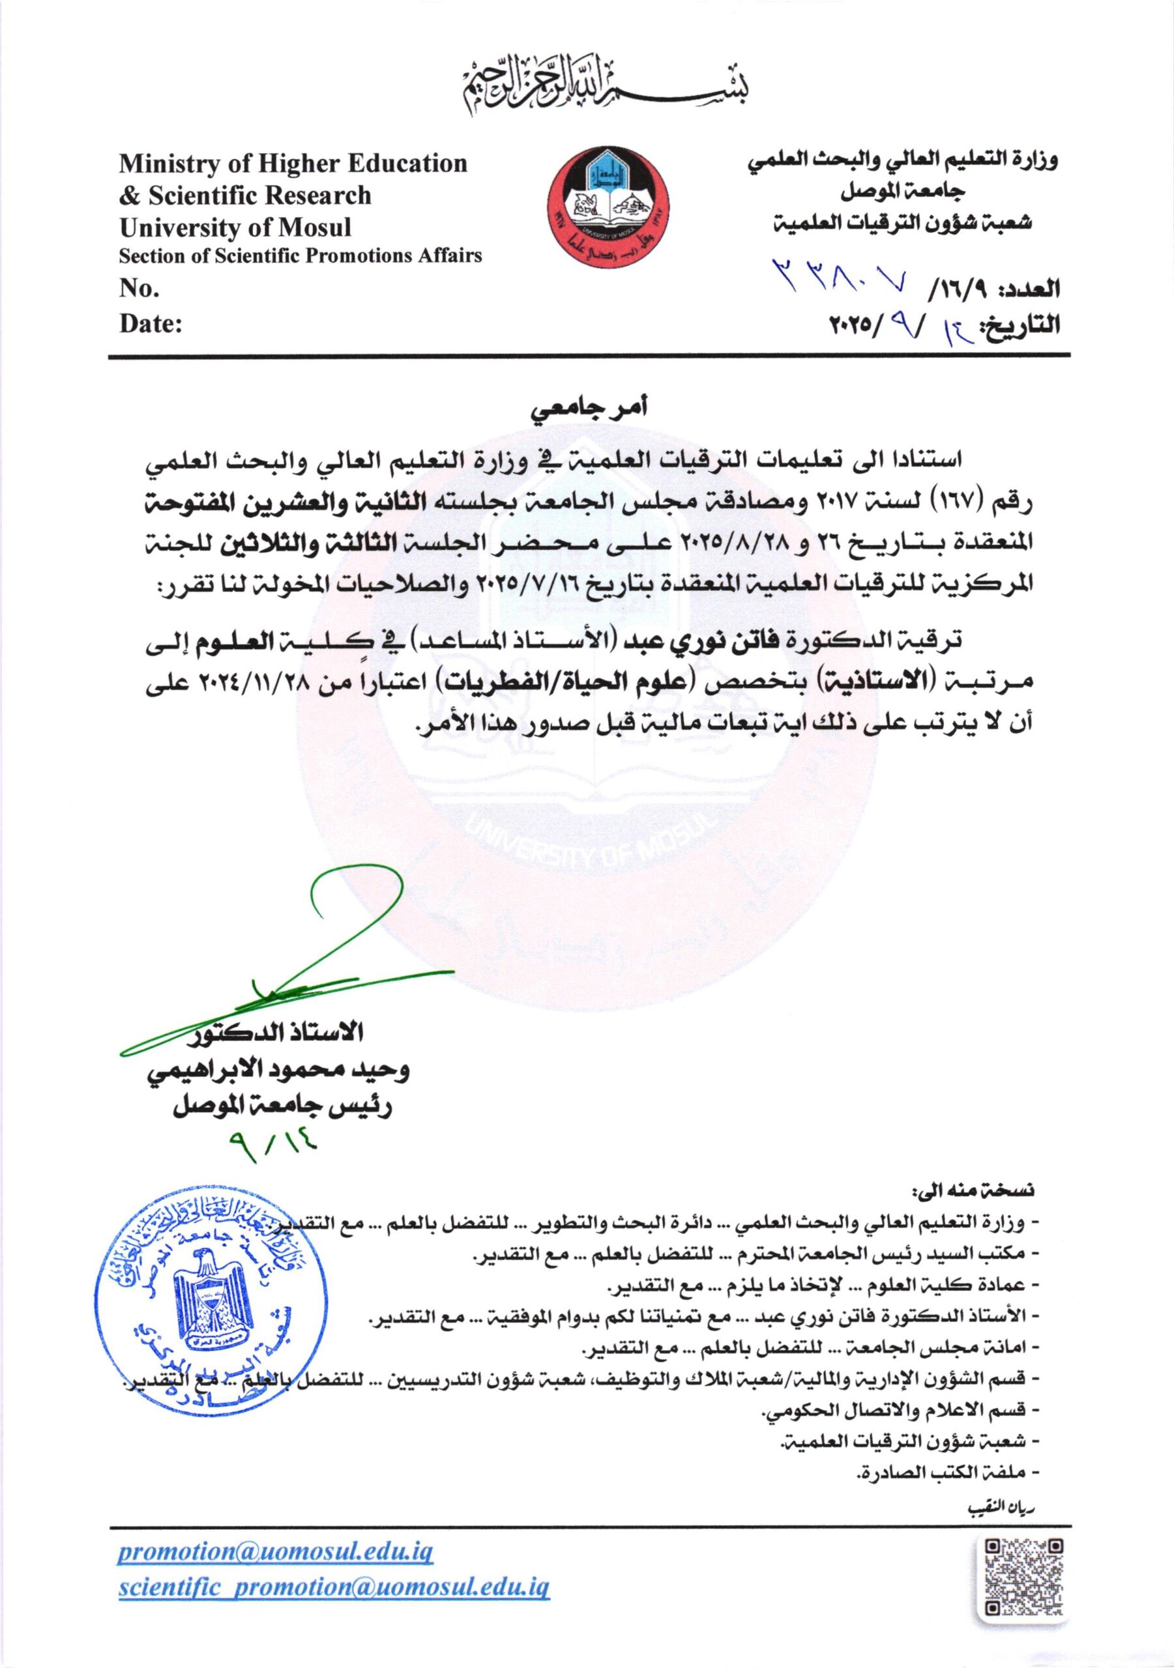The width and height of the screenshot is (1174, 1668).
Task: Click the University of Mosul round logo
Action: (608, 208)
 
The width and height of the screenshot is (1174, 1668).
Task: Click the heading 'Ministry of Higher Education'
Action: (293, 164)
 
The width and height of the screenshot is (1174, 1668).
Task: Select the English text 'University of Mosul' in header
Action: (235, 228)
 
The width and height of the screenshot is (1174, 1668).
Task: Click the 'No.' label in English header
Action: (139, 289)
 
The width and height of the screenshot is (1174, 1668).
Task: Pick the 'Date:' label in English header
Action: (151, 324)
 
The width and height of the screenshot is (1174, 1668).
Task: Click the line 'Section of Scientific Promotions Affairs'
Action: (301, 255)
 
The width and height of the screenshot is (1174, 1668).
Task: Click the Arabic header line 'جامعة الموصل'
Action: (902, 191)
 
